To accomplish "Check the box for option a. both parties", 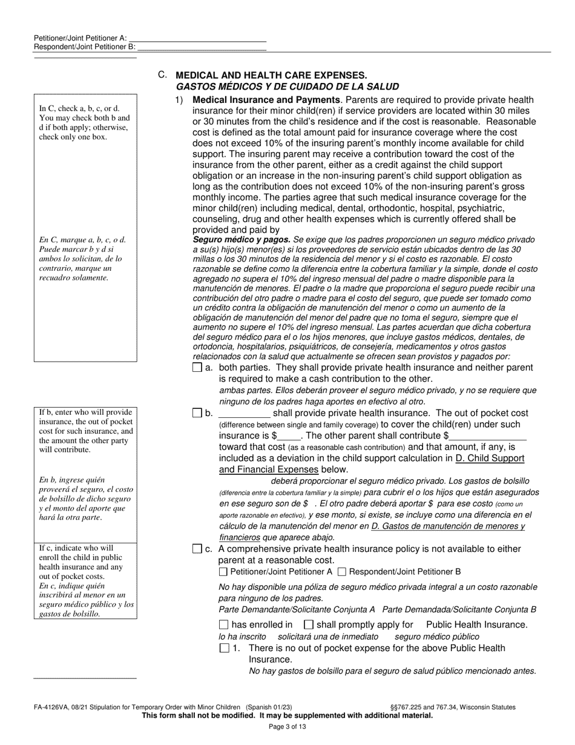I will tap(197, 368).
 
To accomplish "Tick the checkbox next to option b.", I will tap(197, 413).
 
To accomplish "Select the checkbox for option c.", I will tap(197, 549).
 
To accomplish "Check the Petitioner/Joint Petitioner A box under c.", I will tap(223, 571).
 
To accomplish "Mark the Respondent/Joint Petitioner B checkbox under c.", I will tap(342, 571).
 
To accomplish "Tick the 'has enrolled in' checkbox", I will tap(223, 624).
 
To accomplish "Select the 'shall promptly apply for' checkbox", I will tap(308, 624).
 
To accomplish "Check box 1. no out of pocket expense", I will tap(225, 648).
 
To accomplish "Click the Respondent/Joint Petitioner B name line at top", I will tap(202, 46).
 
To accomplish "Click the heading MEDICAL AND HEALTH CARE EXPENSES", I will tap(271, 76).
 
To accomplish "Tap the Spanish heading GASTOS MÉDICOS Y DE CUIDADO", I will tap(287, 87).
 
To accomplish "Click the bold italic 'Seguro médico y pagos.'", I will tap(241, 239).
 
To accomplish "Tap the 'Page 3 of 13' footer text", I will tap(287, 727).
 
